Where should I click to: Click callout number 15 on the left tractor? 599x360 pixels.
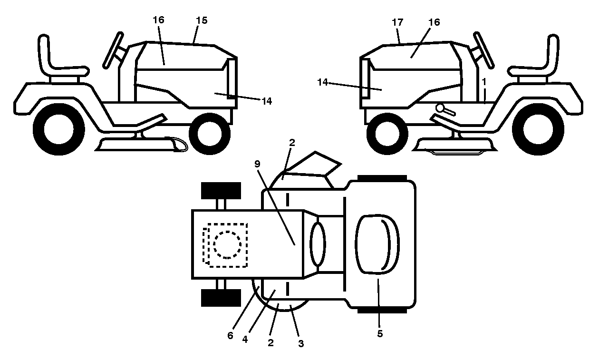[x=202, y=20]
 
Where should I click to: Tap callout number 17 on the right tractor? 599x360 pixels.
[x=397, y=22]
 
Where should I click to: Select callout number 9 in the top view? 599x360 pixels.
[x=257, y=164]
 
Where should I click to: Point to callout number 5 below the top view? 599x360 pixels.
[x=380, y=333]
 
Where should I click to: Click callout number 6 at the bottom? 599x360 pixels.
[x=230, y=335]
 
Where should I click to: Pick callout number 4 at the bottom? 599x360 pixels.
[x=245, y=340]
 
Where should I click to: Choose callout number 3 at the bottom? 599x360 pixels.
[x=301, y=343]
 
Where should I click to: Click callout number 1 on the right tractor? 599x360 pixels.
[x=484, y=82]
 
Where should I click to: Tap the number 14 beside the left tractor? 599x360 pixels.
[x=267, y=101]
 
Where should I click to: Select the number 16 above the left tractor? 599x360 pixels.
[x=158, y=20]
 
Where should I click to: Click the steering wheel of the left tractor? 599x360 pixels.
[x=113, y=50]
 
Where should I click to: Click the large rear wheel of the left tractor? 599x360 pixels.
[x=59, y=129]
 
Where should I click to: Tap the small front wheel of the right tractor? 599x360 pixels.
[x=387, y=134]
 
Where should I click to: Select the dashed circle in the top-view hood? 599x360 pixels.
[x=227, y=245]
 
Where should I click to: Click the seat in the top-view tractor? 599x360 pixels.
[x=377, y=244]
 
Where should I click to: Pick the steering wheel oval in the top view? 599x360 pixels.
[x=318, y=244]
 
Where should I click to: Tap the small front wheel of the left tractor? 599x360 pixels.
[x=210, y=134]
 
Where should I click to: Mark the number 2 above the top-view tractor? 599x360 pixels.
[x=292, y=143]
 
